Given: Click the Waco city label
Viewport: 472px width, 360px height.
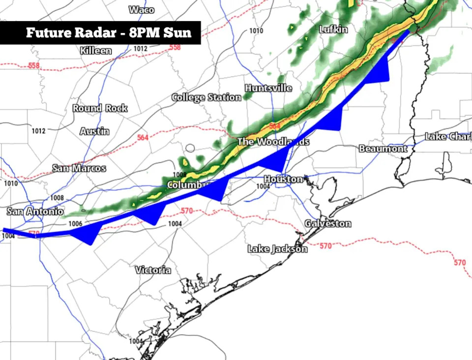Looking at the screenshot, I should pos(141,10).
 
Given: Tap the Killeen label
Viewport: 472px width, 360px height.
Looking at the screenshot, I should pos(95,51).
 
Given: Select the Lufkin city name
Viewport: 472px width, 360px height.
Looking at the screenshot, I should pos(333,30).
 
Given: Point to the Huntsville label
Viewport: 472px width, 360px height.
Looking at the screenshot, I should pos(268,88).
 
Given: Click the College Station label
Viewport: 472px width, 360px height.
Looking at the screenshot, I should pos(206,97).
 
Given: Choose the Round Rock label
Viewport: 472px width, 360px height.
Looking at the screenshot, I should pos(100,108).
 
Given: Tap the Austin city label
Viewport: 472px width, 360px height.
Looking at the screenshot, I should pos(95,131).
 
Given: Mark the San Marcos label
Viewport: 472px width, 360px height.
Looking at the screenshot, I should pos(79,168).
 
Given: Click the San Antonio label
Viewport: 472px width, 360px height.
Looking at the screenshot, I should pos(35,211).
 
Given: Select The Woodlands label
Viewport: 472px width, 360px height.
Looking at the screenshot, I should pos(273,142).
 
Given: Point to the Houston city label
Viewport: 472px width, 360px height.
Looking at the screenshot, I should pos(283,179).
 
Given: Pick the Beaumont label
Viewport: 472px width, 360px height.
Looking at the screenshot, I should pos(383,149).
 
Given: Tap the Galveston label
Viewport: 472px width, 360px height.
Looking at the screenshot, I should pos(328,224).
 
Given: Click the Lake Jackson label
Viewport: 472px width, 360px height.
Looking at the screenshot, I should pos(277,249).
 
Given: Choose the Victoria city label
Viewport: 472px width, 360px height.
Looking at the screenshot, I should pos(153,270).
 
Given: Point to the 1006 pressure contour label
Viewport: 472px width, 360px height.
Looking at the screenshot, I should pos(75,223).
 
